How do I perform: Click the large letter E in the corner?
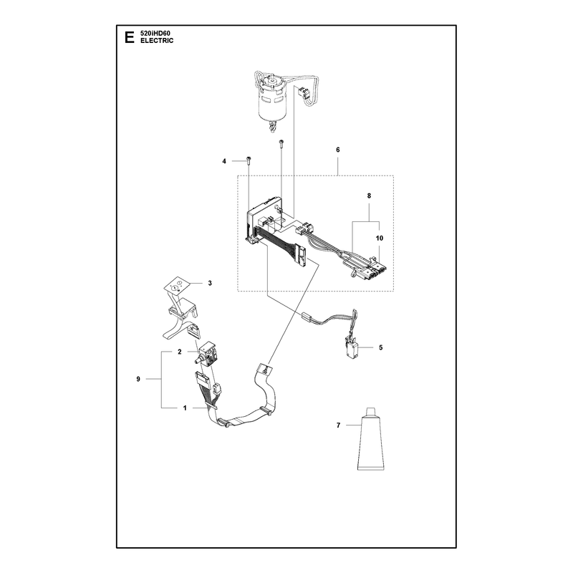(x=129, y=37)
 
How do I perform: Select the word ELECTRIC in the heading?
(x=157, y=41)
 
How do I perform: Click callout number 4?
(x=224, y=161)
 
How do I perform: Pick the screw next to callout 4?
(x=249, y=160)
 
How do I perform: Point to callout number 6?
(x=338, y=150)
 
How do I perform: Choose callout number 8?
(x=369, y=196)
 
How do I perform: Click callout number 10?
(x=380, y=239)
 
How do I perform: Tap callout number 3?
(x=210, y=283)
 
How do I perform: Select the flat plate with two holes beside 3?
(x=175, y=284)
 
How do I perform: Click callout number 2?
(x=180, y=352)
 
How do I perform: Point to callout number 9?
(x=138, y=379)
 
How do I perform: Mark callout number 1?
(x=185, y=408)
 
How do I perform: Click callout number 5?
(x=381, y=347)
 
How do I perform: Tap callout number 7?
(x=338, y=425)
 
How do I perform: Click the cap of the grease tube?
(x=371, y=411)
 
